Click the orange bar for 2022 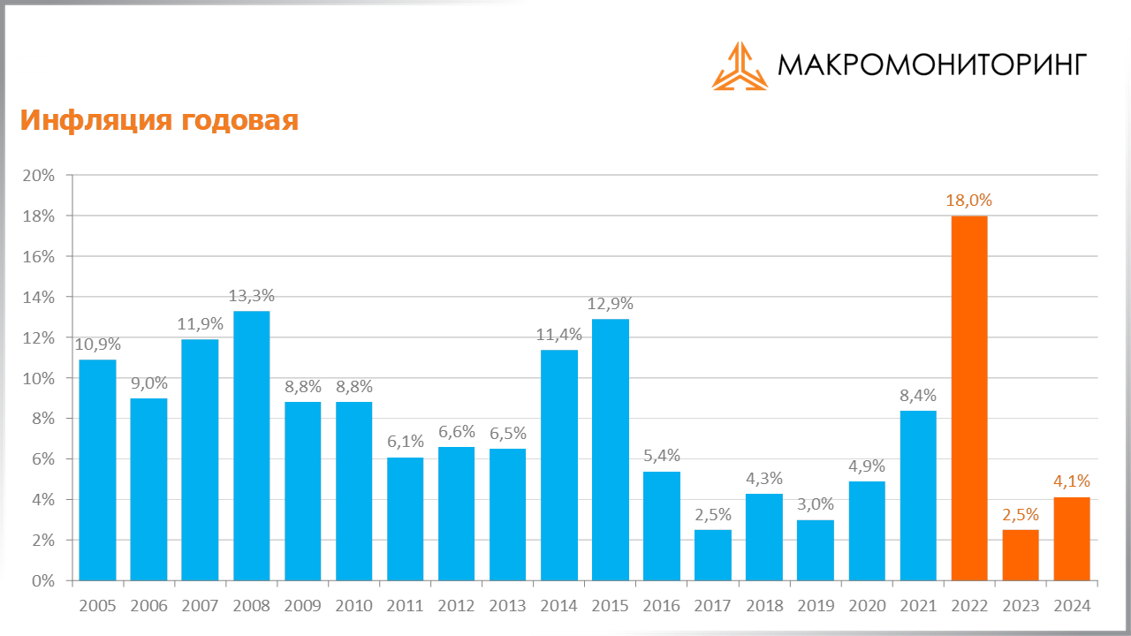(x=969, y=397)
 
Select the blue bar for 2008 (x=252, y=446)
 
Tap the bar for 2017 (x=713, y=555)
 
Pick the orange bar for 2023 (x=1021, y=555)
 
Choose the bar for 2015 (x=611, y=450)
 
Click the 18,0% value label (x=969, y=201)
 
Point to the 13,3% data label (x=252, y=297)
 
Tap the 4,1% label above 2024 (x=1072, y=482)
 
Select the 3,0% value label (x=816, y=505)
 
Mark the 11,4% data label (x=559, y=335)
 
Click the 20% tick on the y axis (x=39, y=176)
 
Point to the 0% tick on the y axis (x=43, y=581)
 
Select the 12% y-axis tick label (x=39, y=338)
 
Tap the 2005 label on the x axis (x=97, y=606)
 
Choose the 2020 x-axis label (x=867, y=606)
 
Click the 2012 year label (x=457, y=606)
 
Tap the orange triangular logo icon (x=740, y=66)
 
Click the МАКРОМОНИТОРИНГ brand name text (x=931, y=64)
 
